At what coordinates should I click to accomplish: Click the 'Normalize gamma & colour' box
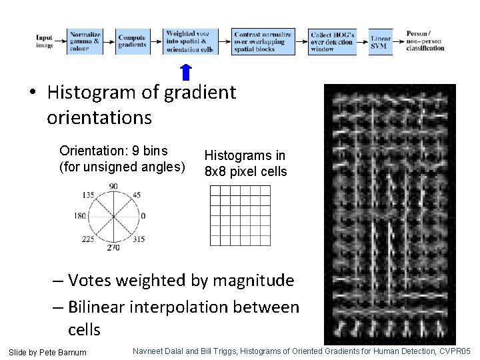(85, 41)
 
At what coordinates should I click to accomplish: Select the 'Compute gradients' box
(132, 41)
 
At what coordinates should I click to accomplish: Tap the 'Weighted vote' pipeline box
(189, 41)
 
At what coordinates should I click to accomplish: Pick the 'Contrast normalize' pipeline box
(263, 41)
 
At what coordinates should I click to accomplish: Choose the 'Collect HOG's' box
(331, 41)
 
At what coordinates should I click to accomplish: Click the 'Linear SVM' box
(381, 41)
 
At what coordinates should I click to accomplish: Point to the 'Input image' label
(45, 41)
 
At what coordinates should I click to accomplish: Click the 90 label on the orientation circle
(113, 186)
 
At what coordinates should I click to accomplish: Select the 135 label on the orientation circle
(87, 195)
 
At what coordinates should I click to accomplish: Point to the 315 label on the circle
(139, 239)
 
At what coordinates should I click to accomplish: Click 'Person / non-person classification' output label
(425, 41)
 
